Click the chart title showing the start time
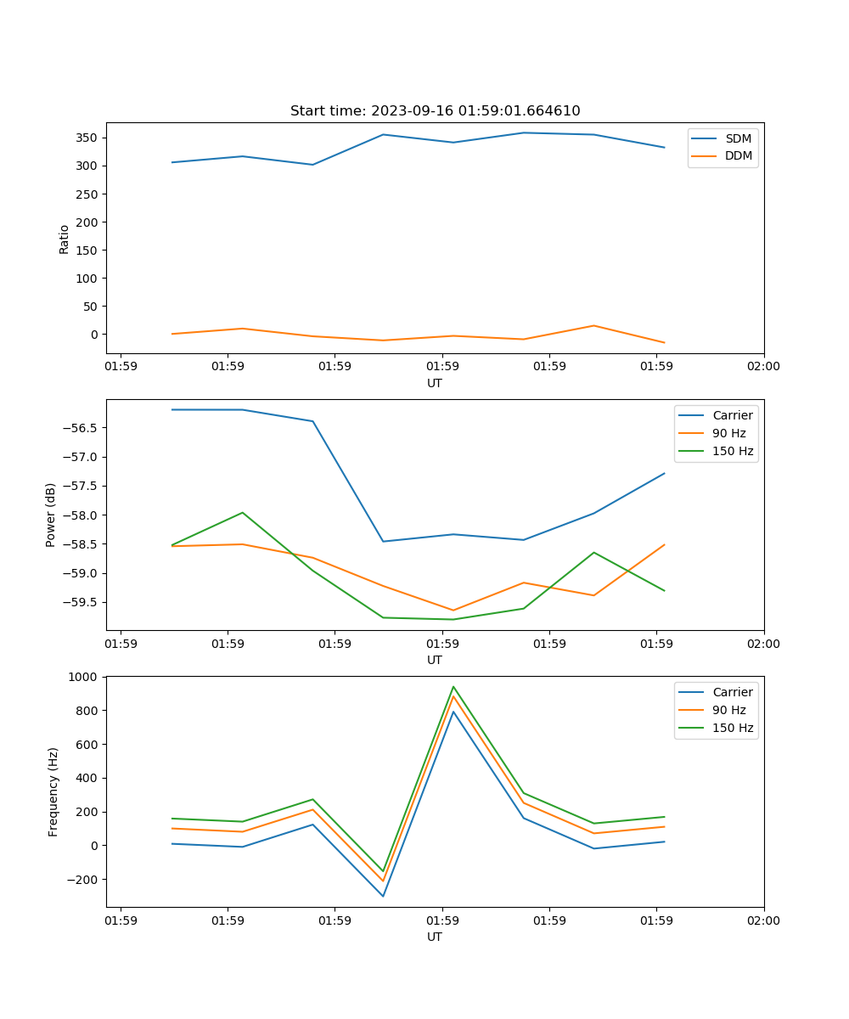pyautogui.click(x=435, y=111)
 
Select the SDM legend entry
pyautogui.click(x=738, y=138)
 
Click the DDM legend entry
pyautogui.click(x=738, y=156)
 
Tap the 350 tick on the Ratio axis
pyautogui.click(x=87, y=138)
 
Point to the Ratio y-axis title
pyautogui.click(x=65, y=239)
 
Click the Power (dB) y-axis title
pyautogui.click(x=51, y=515)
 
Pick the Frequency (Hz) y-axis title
pyautogui.click(x=53, y=791)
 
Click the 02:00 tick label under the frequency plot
pyautogui.click(x=763, y=920)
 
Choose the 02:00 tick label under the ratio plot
pyautogui.click(x=763, y=366)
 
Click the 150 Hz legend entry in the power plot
pyautogui.click(x=733, y=451)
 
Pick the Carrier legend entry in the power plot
pyautogui.click(x=732, y=415)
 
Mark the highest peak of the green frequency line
pyautogui.click(x=453, y=686)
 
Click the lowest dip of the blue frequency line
pyautogui.click(x=383, y=896)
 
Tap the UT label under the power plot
pyautogui.click(x=435, y=660)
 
